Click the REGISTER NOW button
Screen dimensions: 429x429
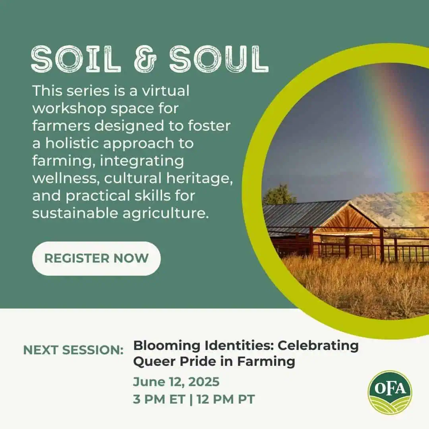click(x=96, y=258)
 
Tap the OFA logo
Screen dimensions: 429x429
click(x=390, y=392)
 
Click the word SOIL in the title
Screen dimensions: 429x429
click(x=76, y=59)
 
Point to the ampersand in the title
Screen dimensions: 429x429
click(x=145, y=59)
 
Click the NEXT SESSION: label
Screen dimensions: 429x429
click(x=73, y=350)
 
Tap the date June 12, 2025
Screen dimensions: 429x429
click(x=176, y=382)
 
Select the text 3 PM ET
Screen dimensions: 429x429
click(x=159, y=399)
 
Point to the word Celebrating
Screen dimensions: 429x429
click(x=318, y=345)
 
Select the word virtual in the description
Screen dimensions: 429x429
click(x=165, y=91)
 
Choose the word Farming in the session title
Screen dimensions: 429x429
click(x=266, y=362)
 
